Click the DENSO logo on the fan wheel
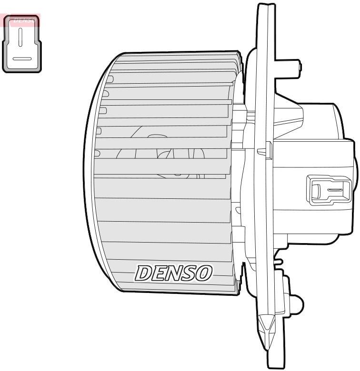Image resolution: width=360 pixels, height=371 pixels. pyautogui.click(x=174, y=273)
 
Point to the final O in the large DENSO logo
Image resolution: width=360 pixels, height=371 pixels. pyautogui.click(x=203, y=273)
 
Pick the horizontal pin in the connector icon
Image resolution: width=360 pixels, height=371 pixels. pyautogui.click(x=22, y=59)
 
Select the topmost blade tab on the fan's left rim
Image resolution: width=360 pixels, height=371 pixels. pyautogui.click(x=110, y=79)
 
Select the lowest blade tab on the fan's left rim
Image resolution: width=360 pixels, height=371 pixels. pyautogui.click(x=97, y=153)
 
